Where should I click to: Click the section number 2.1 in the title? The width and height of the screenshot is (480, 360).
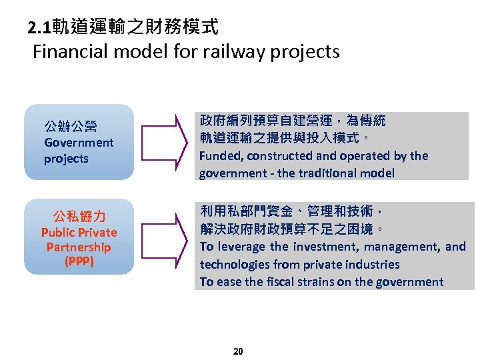(39, 28)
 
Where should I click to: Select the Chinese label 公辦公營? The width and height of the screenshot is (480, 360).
(70, 126)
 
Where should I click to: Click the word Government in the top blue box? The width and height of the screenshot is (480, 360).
(79, 143)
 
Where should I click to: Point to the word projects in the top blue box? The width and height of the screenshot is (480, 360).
(66, 159)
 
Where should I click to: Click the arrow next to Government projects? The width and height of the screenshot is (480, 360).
(163, 142)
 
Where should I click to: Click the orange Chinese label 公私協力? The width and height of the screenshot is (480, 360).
(79, 217)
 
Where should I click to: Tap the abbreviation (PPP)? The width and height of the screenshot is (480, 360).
(79, 261)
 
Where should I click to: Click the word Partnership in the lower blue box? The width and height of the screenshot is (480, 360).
(79, 247)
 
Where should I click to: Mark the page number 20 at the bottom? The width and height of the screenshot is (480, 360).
(239, 351)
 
